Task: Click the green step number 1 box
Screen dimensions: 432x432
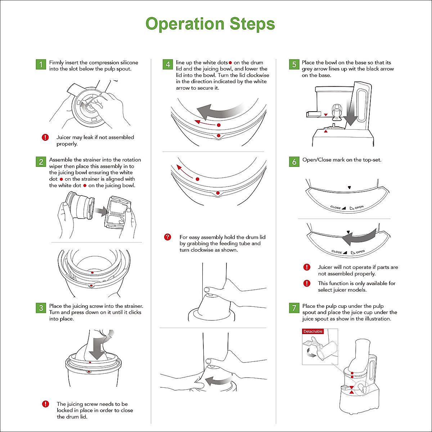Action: [41, 64]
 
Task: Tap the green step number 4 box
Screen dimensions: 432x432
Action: [168, 64]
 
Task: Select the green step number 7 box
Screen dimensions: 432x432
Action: [294, 308]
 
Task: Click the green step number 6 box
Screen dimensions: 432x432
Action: [294, 162]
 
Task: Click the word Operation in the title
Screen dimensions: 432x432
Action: [185, 24]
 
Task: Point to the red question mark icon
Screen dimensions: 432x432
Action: [167, 237]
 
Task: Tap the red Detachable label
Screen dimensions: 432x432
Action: [313, 331]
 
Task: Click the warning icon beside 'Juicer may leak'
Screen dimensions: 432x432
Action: [45, 137]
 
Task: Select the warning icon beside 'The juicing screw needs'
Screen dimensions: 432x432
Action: [45, 404]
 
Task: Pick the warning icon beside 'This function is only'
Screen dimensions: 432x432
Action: [307, 283]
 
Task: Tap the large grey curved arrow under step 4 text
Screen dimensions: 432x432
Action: [221, 111]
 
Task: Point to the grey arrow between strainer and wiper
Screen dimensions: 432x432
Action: [101, 211]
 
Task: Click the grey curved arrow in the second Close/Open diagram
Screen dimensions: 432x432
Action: [359, 237]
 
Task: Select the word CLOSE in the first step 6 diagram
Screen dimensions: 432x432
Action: [336, 207]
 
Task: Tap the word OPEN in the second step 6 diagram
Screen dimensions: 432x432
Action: [360, 252]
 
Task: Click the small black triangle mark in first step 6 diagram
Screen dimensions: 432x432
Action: [349, 188]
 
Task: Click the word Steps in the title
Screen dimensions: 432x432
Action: [252, 24]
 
